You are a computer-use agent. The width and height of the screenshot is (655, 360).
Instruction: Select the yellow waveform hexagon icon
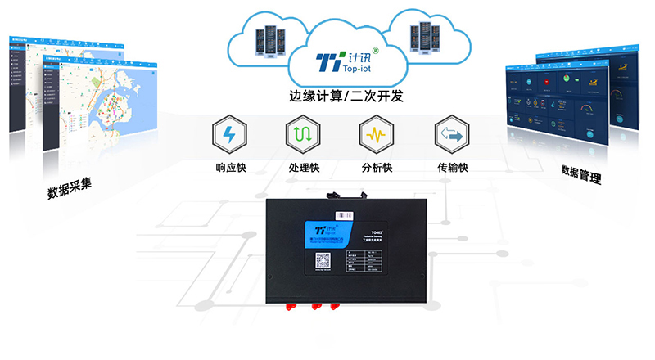(x=375, y=134)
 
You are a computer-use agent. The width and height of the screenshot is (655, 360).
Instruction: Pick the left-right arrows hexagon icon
(x=449, y=134)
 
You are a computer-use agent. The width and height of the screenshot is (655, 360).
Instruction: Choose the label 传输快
(x=449, y=168)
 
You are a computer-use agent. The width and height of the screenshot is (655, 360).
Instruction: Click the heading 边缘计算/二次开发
(x=337, y=95)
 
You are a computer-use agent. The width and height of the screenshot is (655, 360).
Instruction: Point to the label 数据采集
(x=69, y=189)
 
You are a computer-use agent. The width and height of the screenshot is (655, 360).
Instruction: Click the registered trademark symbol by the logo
(x=375, y=51)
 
